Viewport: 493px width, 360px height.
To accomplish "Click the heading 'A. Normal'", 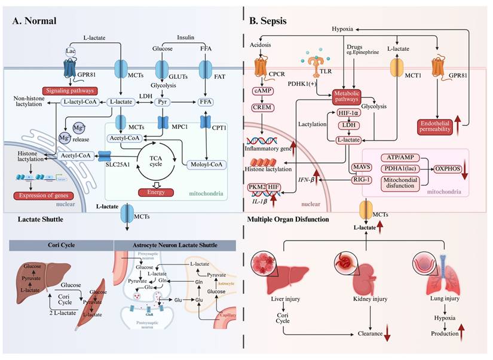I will click(x=35, y=21).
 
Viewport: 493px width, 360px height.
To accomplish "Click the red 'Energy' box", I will click(x=155, y=192).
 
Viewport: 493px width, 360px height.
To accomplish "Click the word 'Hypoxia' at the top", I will click(x=345, y=29).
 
